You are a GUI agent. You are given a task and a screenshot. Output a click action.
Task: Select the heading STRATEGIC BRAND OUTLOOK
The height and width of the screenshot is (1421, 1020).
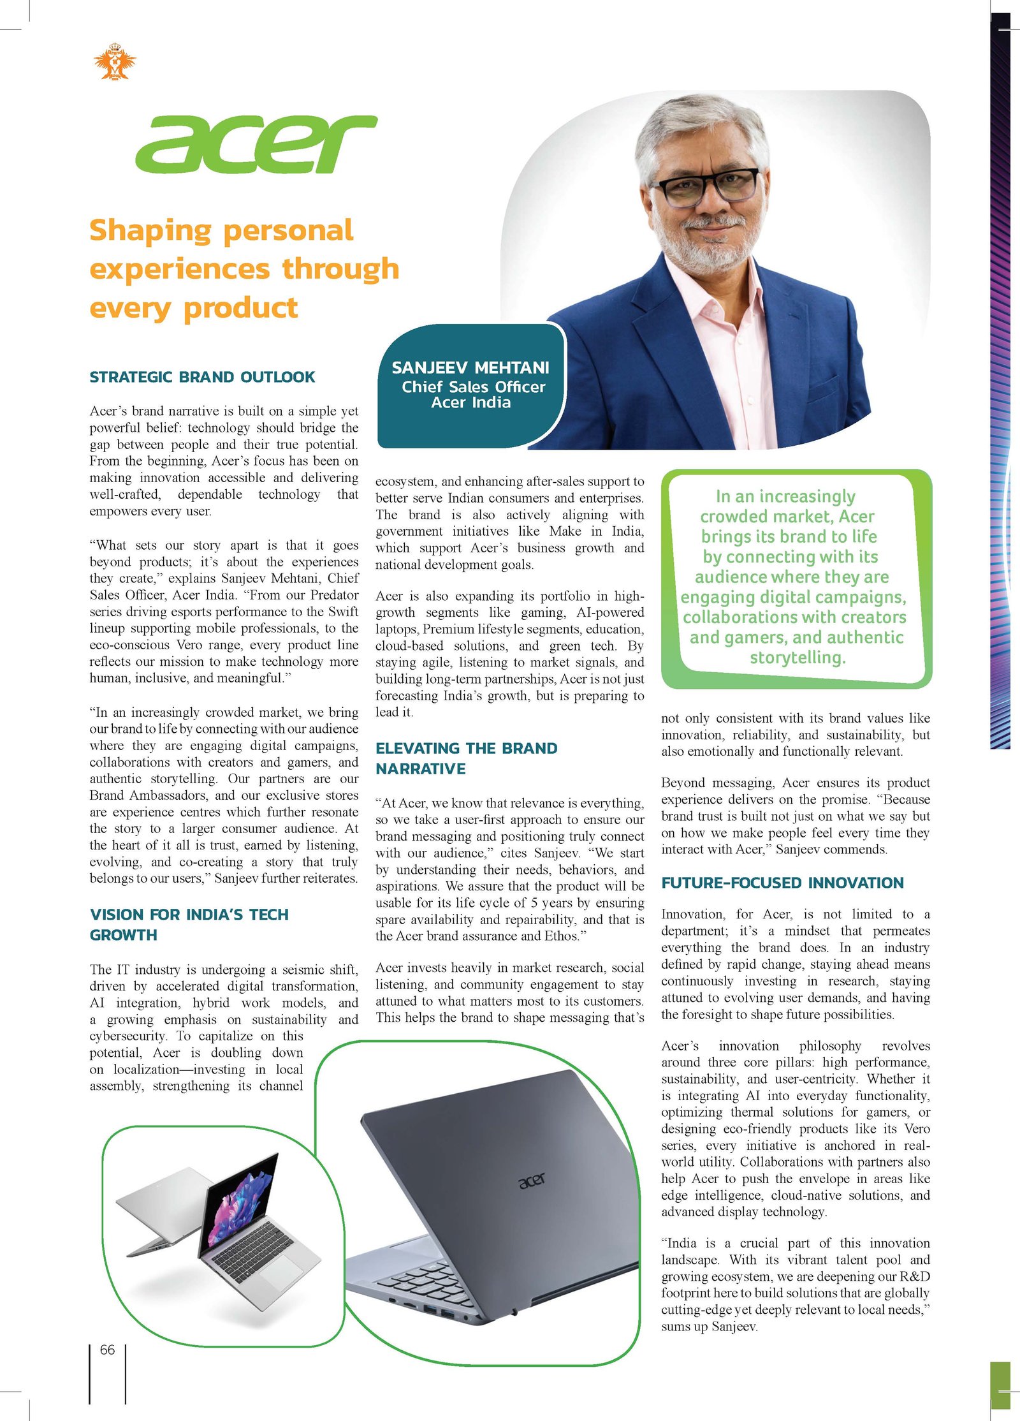tap(202, 377)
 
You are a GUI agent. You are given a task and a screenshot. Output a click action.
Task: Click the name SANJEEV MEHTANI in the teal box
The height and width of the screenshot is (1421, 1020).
tap(470, 367)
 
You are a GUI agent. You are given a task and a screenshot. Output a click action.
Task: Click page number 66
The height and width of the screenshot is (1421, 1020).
tap(107, 1350)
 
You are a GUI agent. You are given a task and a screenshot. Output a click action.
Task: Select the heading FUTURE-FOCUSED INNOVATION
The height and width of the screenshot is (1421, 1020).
tap(782, 883)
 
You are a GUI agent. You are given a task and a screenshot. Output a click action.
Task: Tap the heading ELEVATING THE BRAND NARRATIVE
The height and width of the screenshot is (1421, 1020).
tap(466, 758)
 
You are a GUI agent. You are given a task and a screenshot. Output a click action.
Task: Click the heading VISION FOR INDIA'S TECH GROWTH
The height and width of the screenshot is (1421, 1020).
tap(189, 924)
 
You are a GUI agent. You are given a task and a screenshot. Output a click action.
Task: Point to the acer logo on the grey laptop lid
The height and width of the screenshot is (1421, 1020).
tap(532, 1181)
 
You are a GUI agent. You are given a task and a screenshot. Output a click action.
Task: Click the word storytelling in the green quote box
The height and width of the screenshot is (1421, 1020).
tap(797, 658)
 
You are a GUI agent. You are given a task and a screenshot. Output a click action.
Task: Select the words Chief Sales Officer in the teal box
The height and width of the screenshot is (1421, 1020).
tap(473, 387)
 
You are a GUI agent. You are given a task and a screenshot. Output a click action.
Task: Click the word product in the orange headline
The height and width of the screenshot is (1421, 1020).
tap(240, 308)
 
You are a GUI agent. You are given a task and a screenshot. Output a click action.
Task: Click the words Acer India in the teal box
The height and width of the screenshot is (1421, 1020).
tap(470, 402)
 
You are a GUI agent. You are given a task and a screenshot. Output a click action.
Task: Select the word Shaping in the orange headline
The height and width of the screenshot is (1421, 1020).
tap(150, 230)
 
